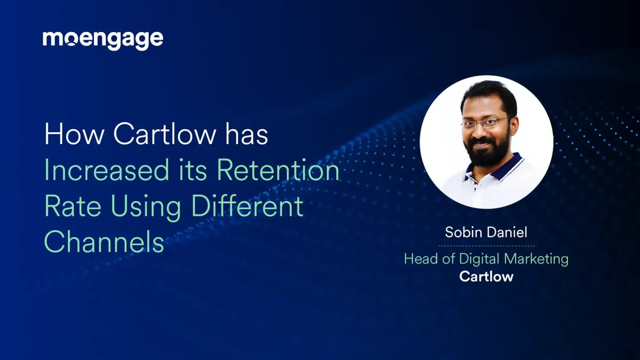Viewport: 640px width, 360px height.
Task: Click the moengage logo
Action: pyautogui.click(x=103, y=40)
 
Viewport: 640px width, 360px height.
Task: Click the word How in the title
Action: pyautogui.click(x=74, y=134)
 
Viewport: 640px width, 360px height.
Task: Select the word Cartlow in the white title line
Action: pyautogui.click(x=165, y=134)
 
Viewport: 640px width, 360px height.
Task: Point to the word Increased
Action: pyautogui.click(x=107, y=170)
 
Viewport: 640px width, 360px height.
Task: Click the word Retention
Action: pyautogui.click(x=278, y=170)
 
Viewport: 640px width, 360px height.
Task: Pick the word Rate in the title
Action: pyautogui.click(x=73, y=206)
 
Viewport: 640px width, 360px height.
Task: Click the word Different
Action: pyautogui.click(x=247, y=206)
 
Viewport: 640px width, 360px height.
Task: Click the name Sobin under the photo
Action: pyautogui.click(x=463, y=232)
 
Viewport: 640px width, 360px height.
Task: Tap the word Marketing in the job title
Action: pyautogui.click(x=536, y=259)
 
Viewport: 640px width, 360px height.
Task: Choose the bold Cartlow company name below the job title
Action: pyautogui.click(x=486, y=277)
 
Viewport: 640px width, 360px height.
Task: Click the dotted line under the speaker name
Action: pyautogui.click(x=486, y=246)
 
